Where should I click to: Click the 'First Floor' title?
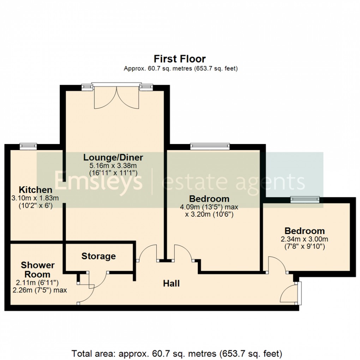pos(180,59)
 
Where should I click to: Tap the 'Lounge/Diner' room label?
pos(113,157)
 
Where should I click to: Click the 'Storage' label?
pos(98,256)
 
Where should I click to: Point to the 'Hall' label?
pos(171,283)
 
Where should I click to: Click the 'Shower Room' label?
pos(37,269)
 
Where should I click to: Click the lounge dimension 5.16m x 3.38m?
pos(113,165)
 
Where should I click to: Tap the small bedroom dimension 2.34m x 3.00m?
pos(305,239)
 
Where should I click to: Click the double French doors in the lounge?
pos(116,97)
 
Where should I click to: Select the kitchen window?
pos(28,145)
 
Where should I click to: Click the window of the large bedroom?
pos(210,145)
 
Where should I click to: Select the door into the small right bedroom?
pos(277,265)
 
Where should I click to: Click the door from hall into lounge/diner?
pos(148,253)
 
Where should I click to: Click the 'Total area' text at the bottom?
pos(176,353)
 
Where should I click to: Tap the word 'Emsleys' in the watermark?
pos(98,181)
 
